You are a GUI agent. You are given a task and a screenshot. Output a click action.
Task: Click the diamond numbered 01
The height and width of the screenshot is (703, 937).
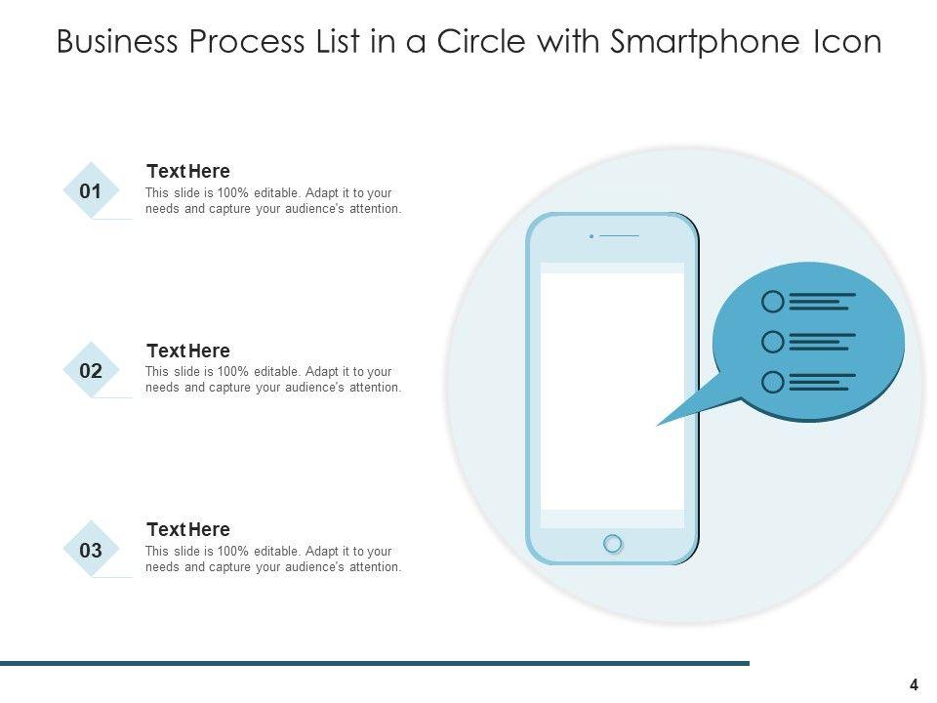91,190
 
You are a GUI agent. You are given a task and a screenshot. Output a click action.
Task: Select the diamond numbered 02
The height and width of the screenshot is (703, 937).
91,370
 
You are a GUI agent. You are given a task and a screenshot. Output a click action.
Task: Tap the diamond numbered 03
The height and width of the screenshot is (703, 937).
91,550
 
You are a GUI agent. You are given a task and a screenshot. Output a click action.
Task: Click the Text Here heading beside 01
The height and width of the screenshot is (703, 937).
188,171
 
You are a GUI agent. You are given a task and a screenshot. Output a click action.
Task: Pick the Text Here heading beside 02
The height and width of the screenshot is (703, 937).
188,351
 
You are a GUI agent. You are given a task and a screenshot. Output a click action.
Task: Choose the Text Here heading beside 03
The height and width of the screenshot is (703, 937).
188,529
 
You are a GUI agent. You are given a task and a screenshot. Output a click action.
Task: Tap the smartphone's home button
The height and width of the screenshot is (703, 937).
613,544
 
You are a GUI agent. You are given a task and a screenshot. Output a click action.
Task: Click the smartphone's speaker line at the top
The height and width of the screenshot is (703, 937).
619,236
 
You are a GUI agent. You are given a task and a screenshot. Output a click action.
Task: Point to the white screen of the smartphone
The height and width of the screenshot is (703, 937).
613,392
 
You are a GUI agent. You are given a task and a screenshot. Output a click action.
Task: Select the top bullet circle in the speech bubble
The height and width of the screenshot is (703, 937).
773,302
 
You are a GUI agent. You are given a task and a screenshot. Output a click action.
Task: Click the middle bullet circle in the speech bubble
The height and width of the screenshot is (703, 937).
773,342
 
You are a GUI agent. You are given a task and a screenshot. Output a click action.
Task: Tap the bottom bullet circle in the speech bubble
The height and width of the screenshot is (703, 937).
773,382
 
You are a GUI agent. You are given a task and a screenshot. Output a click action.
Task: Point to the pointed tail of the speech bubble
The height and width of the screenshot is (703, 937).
657,425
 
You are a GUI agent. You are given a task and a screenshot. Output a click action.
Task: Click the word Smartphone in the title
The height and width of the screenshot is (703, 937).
705,42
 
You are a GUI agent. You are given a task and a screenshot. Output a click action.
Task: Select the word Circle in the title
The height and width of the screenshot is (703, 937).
481,41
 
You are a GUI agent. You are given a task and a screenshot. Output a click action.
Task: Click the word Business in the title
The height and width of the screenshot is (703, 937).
117,41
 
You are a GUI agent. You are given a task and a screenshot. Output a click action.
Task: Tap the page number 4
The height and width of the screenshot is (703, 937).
914,685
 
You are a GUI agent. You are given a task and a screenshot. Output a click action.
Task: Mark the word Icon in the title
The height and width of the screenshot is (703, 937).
848,41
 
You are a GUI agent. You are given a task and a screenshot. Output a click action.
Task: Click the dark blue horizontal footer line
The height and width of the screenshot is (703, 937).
375,663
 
